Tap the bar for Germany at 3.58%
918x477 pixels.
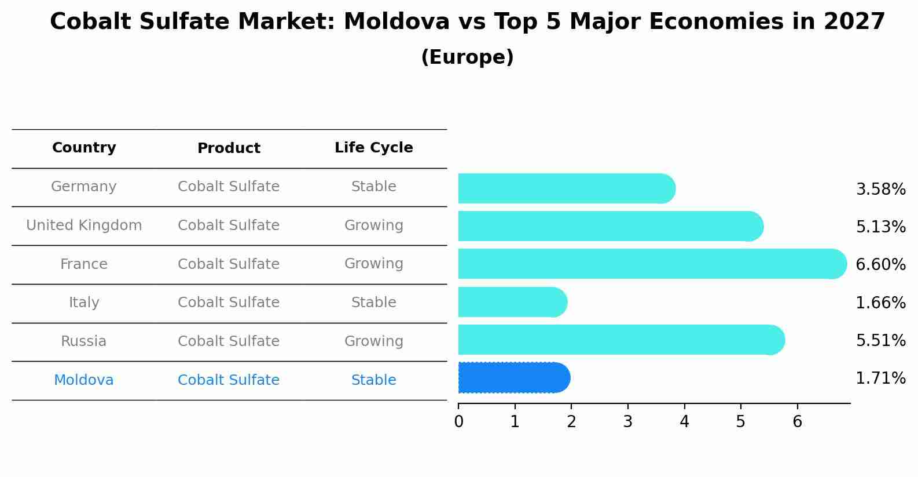coord(566,189)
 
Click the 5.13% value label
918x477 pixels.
coord(880,227)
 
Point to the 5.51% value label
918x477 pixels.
coord(880,340)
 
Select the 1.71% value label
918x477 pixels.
coord(880,378)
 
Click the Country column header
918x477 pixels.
coord(84,148)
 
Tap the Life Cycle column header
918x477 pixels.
coord(373,148)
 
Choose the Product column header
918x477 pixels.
coord(229,148)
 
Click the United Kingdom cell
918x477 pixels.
coord(84,225)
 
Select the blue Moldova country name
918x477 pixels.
coord(84,380)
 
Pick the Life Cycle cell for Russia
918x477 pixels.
coord(373,341)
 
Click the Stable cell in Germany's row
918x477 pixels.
coord(373,187)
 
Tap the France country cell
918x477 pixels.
coord(84,264)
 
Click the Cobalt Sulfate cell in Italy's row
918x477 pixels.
coord(229,303)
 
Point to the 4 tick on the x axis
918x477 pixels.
coord(684,422)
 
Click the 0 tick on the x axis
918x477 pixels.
coord(458,422)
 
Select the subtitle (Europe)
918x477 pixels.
coord(467,57)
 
